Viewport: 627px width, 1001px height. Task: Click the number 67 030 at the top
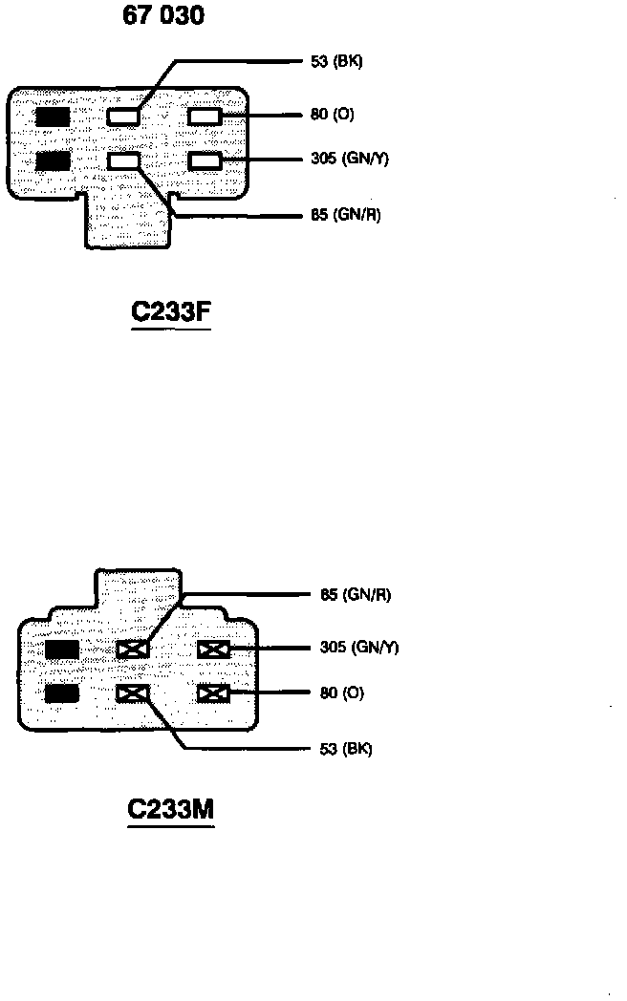click(162, 15)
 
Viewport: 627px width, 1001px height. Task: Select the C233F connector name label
click(170, 312)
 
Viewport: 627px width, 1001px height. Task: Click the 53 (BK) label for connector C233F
click(336, 62)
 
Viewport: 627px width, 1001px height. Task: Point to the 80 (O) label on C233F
click(332, 115)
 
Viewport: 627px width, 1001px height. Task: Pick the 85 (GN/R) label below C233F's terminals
click(345, 215)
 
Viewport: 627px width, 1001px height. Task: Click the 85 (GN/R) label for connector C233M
click(355, 595)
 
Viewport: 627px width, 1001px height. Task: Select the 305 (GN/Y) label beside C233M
click(358, 648)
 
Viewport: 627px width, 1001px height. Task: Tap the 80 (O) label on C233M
click(341, 692)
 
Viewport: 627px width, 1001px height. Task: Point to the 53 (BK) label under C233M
click(345, 749)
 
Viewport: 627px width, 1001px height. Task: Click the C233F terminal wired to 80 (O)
click(205, 117)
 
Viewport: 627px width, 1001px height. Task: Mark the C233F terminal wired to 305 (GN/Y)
click(205, 160)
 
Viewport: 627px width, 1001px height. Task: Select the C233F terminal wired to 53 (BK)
click(123, 117)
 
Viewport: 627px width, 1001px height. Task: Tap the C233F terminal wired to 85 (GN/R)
click(123, 160)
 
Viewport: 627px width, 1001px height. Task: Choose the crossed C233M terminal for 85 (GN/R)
click(133, 650)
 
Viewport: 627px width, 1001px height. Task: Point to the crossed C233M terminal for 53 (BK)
click(133, 692)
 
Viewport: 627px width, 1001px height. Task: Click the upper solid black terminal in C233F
click(53, 117)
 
